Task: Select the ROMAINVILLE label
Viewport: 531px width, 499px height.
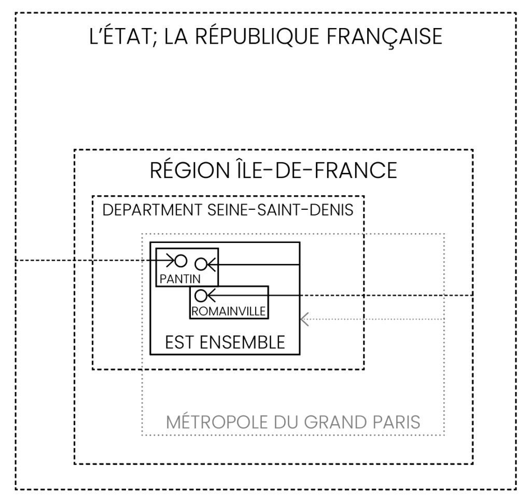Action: [229, 312]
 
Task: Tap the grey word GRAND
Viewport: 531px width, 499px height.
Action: [332, 422]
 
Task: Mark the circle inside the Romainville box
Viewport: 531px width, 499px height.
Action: [201, 295]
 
